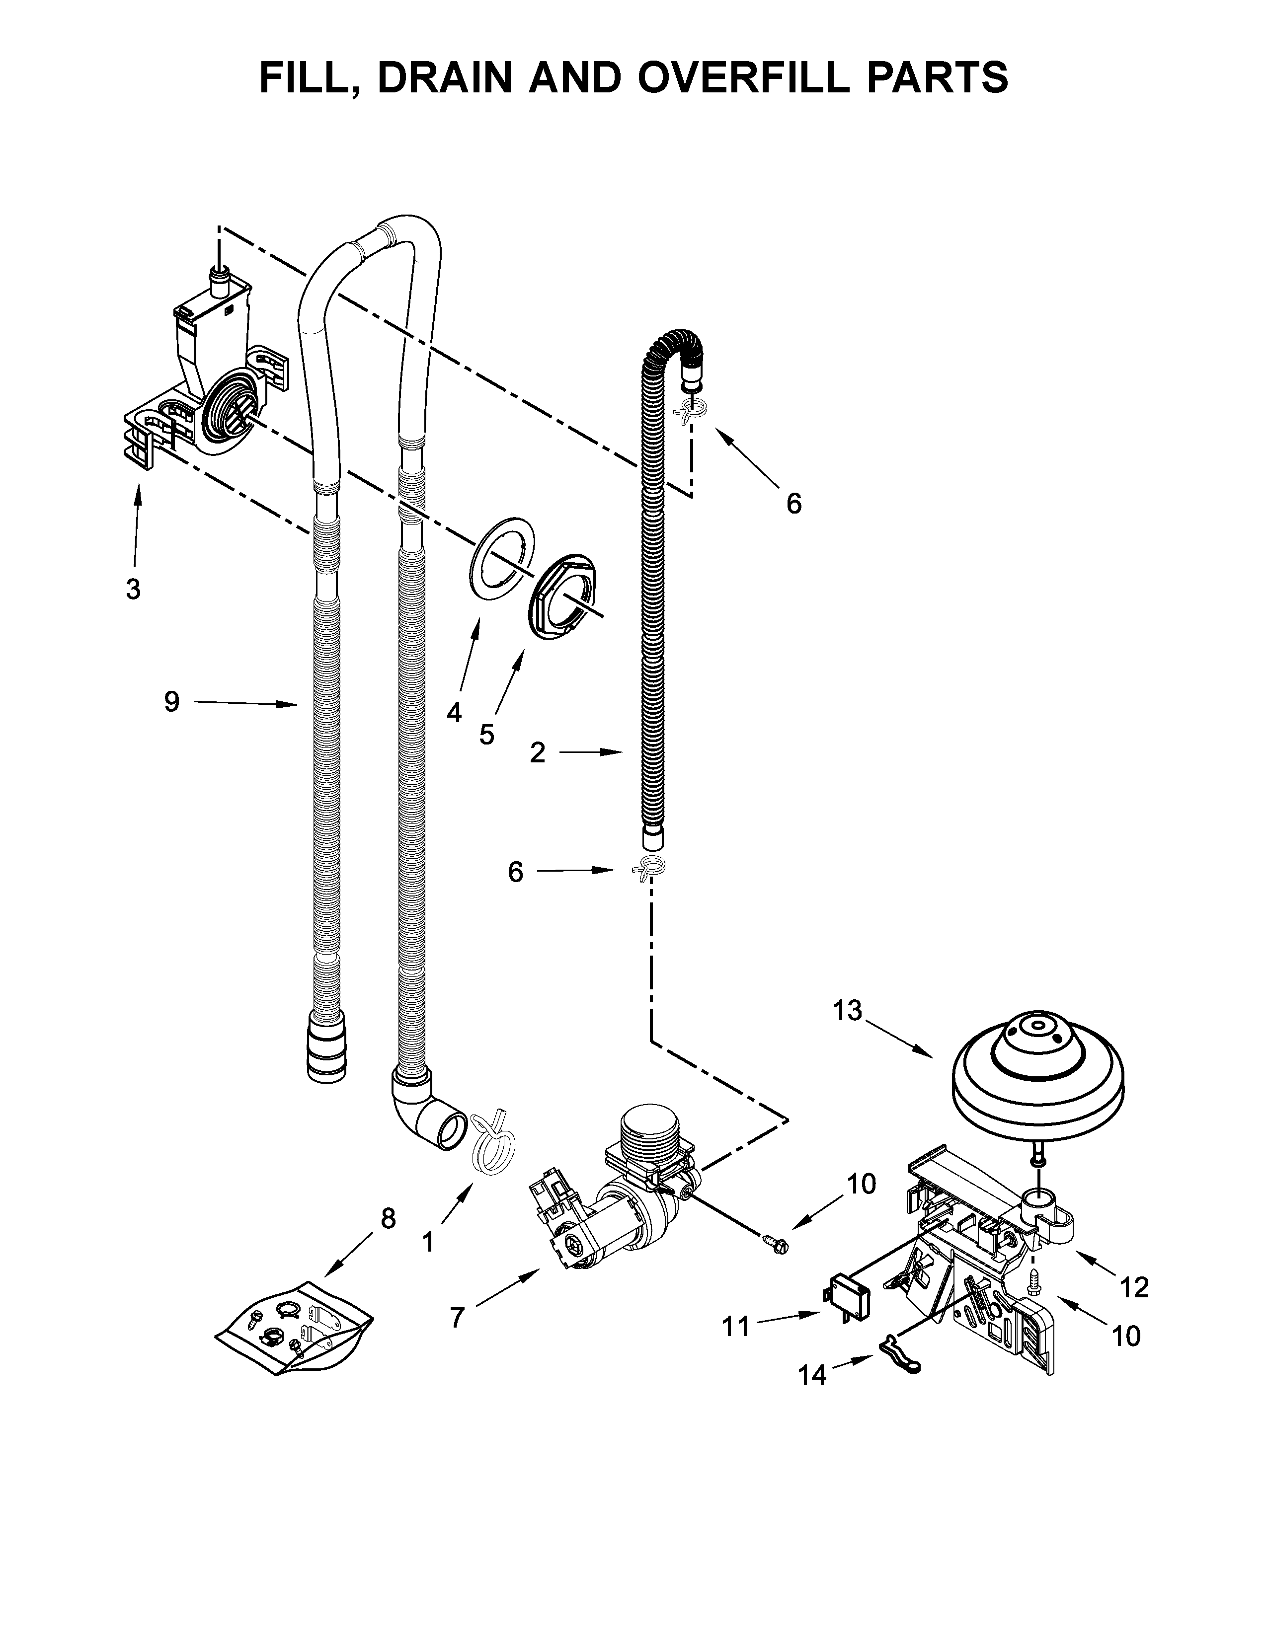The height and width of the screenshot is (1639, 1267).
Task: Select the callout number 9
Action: [x=172, y=702]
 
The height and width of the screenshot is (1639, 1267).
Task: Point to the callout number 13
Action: [x=848, y=1011]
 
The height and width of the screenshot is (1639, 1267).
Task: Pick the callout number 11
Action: [x=735, y=1327]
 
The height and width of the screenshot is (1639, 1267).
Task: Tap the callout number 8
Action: [x=388, y=1219]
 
